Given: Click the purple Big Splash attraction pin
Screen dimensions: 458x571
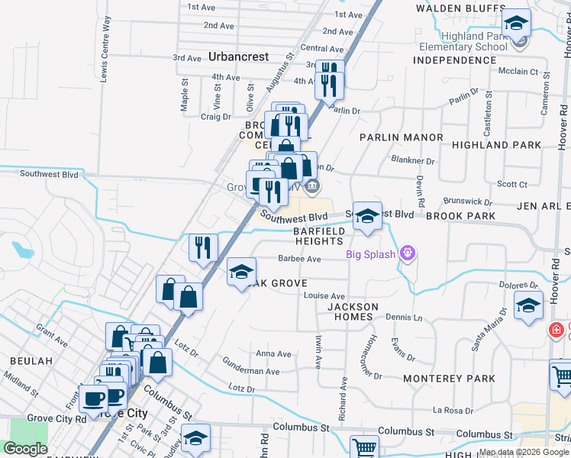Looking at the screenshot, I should click(x=408, y=253).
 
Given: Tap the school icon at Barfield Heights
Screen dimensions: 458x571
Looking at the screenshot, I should click(x=367, y=216).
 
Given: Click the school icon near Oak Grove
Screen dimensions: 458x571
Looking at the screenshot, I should click(x=241, y=273).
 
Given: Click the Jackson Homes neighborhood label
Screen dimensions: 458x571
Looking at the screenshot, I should click(x=353, y=312).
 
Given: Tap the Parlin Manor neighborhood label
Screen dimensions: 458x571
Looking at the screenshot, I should click(x=402, y=137).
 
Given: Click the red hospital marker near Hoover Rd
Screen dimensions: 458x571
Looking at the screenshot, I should click(x=557, y=331).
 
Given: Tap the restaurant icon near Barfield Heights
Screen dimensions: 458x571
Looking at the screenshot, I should click(x=203, y=247).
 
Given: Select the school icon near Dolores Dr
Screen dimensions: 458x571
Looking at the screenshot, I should click(x=528, y=305).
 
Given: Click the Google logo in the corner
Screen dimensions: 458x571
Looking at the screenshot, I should click(x=25, y=449).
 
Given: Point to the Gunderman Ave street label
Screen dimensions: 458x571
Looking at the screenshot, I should click(x=251, y=371).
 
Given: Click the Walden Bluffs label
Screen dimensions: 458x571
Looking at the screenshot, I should click(x=450, y=8).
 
